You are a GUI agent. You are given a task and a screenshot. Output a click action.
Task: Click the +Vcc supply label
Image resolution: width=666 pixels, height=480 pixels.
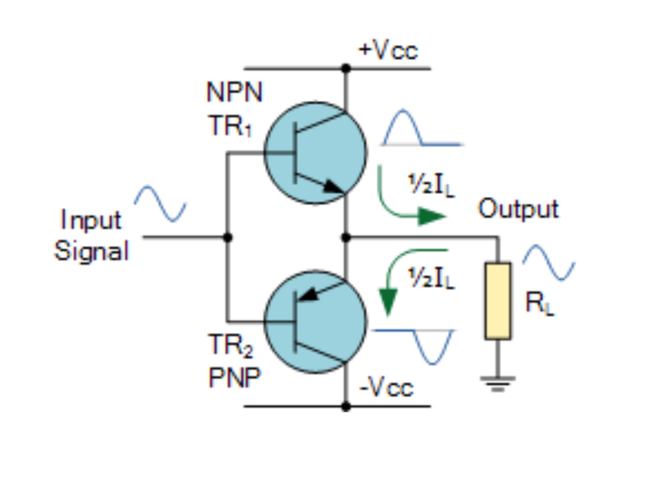(x=388, y=51)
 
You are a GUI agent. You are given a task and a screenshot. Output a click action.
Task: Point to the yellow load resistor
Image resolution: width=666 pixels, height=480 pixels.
(x=498, y=300)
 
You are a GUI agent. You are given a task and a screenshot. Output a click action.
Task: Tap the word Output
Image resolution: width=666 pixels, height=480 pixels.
(x=518, y=209)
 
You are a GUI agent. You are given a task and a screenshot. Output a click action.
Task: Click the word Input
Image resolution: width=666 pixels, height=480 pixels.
(x=91, y=220)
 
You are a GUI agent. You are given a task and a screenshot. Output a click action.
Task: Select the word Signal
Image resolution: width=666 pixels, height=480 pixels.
(x=91, y=250)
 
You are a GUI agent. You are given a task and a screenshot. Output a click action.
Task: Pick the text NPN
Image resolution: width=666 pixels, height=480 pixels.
(x=235, y=92)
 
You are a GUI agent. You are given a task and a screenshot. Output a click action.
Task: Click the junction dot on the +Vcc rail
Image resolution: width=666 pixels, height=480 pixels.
(x=346, y=68)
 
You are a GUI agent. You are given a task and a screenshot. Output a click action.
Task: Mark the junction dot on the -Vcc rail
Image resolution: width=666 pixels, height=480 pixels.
(x=346, y=407)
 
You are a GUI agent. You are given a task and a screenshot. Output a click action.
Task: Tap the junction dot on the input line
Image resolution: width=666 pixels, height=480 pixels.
(x=227, y=237)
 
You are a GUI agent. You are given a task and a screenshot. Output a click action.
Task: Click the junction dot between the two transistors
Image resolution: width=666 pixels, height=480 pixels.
(x=346, y=237)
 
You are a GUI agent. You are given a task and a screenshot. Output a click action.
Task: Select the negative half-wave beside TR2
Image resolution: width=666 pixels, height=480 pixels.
(x=434, y=345)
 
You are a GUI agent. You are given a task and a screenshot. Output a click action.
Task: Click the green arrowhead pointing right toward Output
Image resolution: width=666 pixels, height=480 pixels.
(x=431, y=217)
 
